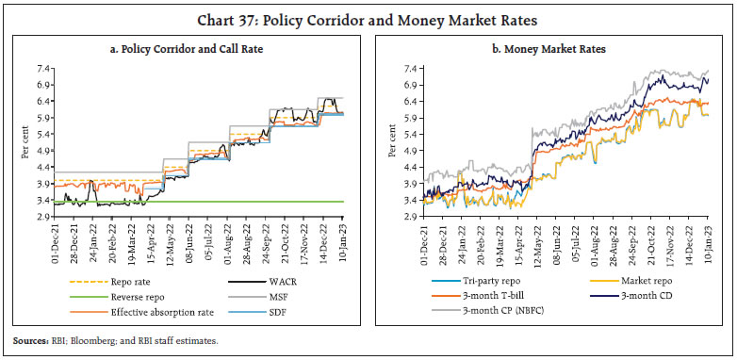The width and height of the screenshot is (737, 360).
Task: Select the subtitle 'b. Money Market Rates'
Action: (x=556, y=49)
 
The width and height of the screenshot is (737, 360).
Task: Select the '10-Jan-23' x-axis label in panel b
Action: (x=707, y=243)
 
